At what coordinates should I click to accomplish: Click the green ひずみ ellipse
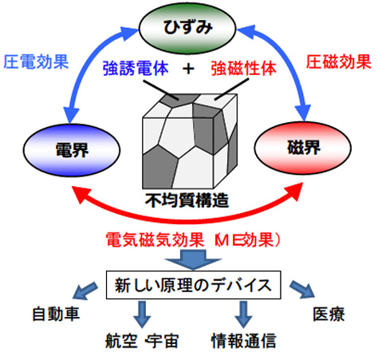click(187, 28)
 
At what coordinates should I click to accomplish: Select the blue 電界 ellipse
click(72, 151)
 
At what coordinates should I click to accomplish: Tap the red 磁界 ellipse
click(303, 148)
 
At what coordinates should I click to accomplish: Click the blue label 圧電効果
click(36, 62)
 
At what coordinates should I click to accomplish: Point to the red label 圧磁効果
click(339, 62)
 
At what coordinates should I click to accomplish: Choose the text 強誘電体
click(136, 68)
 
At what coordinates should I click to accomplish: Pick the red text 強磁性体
click(244, 68)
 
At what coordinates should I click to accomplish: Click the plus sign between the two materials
click(188, 69)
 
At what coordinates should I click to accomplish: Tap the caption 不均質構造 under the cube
click(187, 200)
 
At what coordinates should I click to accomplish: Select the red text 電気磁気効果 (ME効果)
click(193, 239)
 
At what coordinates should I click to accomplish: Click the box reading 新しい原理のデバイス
click(194, 285)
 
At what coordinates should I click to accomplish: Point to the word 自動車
click(56, 314)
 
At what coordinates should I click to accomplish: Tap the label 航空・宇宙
click(142, 341)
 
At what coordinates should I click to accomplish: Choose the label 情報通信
click(244, 341)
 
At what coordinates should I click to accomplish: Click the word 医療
click(329, 314)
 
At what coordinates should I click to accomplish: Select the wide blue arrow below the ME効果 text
click(193, 259)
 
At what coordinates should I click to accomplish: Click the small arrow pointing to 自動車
click(85, 291)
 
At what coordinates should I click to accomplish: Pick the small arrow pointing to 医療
click(302, 290)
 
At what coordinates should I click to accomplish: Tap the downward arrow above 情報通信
click(243, 315)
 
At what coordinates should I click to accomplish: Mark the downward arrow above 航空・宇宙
click(142, 315)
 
